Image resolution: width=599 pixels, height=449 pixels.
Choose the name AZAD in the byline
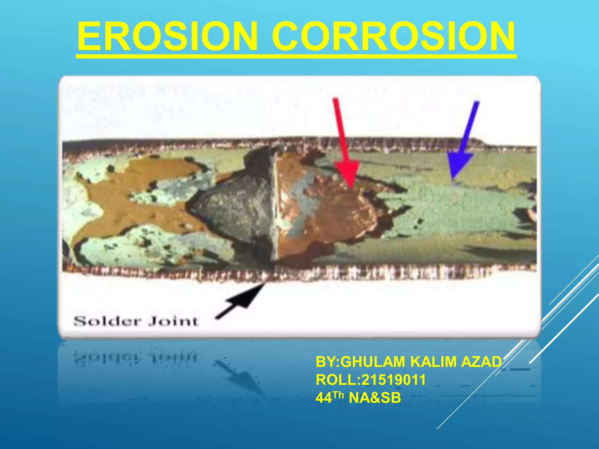click(x=481, y=362)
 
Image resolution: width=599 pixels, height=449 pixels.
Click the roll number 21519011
click(x=393, y=380)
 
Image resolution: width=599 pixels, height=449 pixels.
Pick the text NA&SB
click(x=375, y=398)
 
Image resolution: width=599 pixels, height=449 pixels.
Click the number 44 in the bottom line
click(x=324, y=398)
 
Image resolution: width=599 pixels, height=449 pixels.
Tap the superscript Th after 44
click(x=338, y=395)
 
